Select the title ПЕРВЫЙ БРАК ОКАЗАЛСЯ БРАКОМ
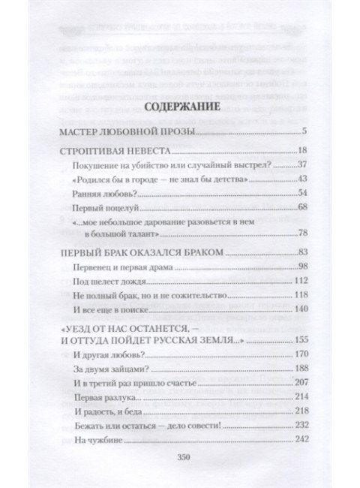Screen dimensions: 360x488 tap(141, 253)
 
